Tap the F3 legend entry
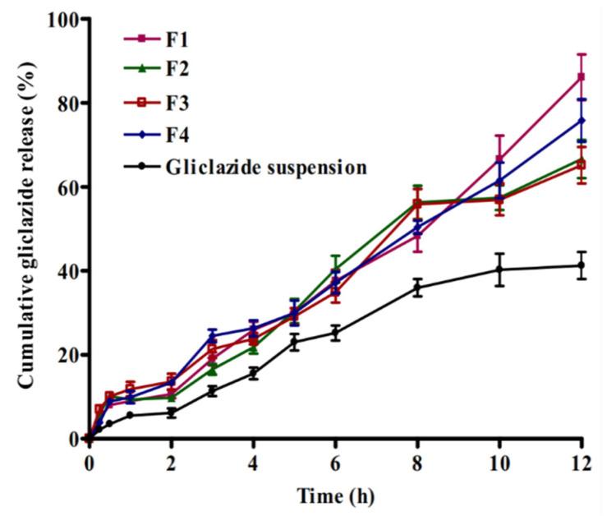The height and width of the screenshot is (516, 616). tap(177, 102)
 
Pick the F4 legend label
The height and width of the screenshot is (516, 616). tap(177, 134)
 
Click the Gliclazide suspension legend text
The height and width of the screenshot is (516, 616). tap(265, 167)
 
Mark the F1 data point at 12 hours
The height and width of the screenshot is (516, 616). tap(582, 76)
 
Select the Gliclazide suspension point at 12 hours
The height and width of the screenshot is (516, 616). tap(582, 265)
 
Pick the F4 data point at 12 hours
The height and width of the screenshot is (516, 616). tap(582, 120)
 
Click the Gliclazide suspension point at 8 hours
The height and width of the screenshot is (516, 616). tap(417, 288)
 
